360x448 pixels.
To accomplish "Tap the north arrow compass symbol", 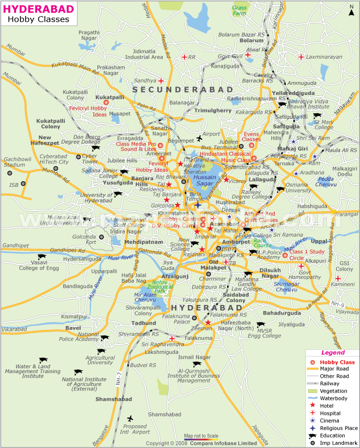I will (x=351, y=9).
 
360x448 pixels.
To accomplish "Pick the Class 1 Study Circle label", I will (x=304, y=254).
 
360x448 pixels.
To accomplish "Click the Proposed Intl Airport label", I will (x=135, y=429).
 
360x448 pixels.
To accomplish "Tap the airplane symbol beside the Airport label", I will (x=199, y=139).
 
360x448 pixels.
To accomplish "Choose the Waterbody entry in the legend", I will (x=333, y=398).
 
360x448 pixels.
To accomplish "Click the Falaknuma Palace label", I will (x=182, y=318).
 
